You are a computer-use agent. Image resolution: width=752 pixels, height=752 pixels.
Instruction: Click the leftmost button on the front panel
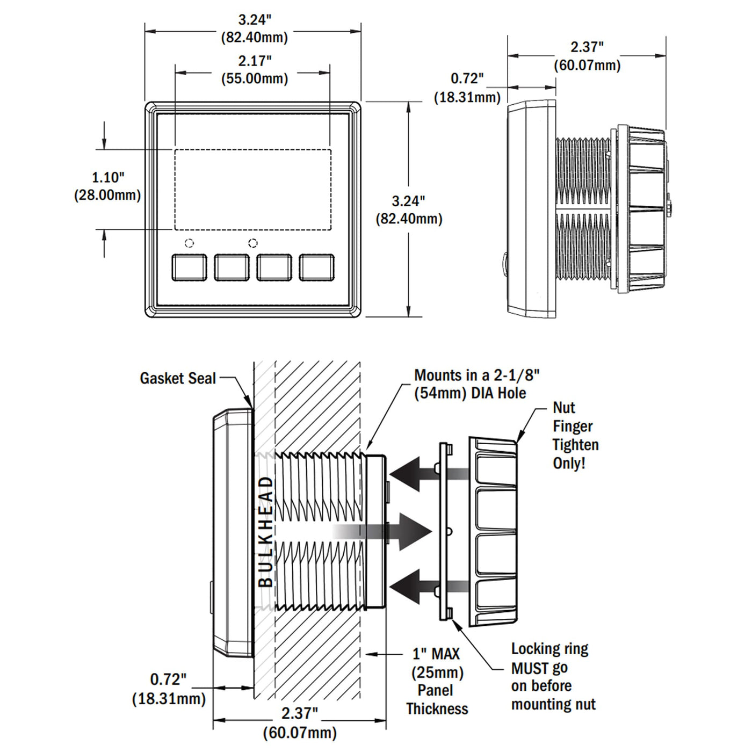tap(189, 267)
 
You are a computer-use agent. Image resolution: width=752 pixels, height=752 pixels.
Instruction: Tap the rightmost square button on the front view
tap(316, 267)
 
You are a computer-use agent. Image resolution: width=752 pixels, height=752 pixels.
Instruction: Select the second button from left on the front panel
tap(232, 267)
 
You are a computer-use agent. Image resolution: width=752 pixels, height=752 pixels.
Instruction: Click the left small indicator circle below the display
tap(189, 243)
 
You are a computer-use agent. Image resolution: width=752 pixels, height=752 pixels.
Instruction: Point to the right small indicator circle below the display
tap(253, 243)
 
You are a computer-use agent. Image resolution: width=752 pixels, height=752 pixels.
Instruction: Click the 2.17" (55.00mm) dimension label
tap(255, 69)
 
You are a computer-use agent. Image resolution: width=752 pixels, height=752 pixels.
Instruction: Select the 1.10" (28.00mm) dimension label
tap(107, 186)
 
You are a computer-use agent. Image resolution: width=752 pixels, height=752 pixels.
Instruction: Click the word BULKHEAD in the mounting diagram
tap(266, 532)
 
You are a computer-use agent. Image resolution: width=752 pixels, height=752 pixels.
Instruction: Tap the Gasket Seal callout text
tap(177, 379)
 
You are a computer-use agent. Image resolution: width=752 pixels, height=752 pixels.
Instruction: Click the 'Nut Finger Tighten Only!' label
tap(575, 436)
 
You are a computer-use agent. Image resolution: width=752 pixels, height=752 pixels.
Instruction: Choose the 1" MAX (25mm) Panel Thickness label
tap(437, 681)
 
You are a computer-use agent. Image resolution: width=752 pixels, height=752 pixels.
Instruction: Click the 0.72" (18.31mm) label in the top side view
tap(467, 88)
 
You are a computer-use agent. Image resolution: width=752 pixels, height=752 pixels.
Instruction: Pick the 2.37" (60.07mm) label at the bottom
tap(300, 723)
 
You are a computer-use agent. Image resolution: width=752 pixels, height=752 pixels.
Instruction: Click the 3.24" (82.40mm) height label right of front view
tap(409, 209)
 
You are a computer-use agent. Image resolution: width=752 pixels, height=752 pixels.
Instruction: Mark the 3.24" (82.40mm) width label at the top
tap(255, 28)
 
